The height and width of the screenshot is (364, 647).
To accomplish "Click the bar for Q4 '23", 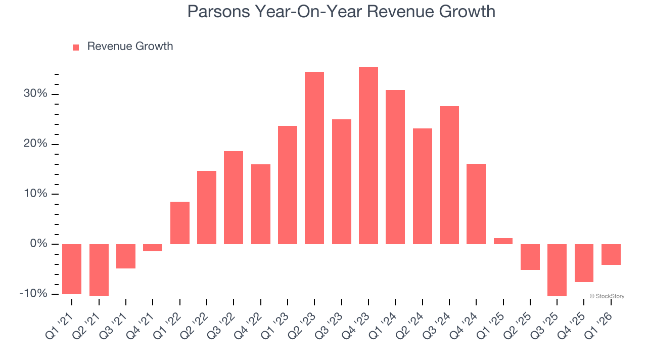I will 368,156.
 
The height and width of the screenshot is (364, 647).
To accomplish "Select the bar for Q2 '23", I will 314,158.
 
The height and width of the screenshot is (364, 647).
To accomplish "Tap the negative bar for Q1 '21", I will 72,269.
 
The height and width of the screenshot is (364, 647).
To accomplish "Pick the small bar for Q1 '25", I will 503,241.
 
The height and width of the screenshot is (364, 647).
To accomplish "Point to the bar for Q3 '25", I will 557,270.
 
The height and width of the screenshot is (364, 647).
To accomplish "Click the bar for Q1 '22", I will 180,223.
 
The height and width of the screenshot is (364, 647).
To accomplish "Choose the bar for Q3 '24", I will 449,175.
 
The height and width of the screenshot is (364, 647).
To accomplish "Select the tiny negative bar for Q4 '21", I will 153,248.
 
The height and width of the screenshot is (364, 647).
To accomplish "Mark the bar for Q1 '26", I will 611,254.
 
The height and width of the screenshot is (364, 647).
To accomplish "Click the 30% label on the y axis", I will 35,95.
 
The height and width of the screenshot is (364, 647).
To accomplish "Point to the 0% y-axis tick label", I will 38,244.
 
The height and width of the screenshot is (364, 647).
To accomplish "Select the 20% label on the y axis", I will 35,145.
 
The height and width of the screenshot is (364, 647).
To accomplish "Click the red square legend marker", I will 76,47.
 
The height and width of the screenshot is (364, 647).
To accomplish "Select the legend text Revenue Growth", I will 130,47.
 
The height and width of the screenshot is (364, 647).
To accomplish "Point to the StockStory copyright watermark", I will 607,296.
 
